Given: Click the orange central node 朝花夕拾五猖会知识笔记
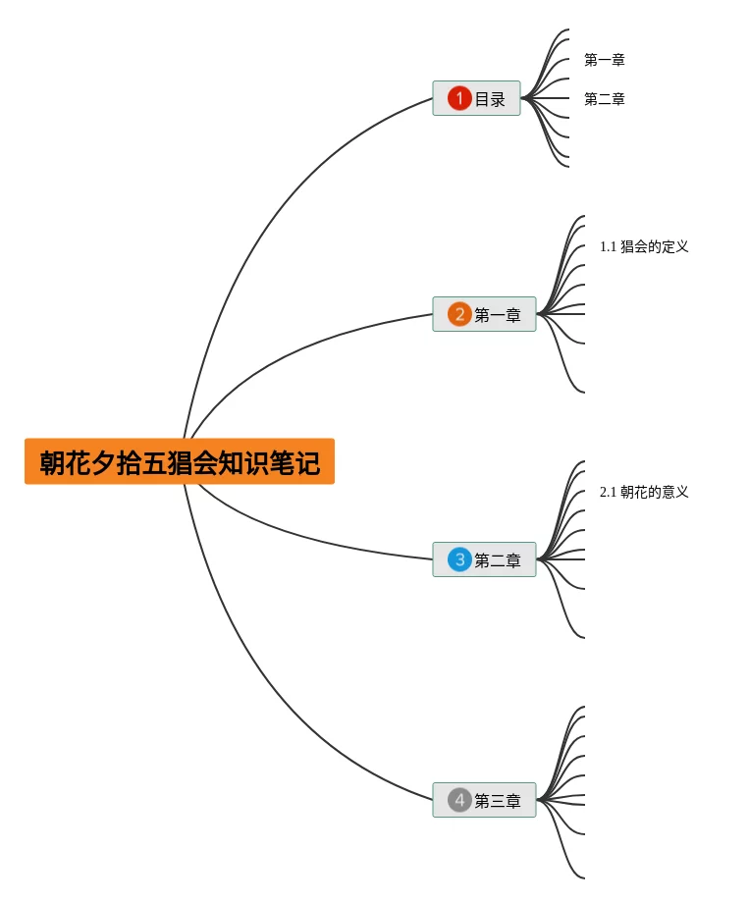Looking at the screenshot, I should point(180,461).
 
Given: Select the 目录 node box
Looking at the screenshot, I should point(476,98).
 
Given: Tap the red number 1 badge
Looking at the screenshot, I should point(459,98).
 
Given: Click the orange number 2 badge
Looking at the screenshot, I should point(459,314).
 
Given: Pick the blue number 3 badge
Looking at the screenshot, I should point(459,559).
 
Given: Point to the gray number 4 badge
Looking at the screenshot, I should point(459,800).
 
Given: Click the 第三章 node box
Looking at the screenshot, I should point(484,800).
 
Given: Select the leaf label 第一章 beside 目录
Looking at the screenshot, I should point(604,60).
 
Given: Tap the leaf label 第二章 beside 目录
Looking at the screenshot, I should point(604,99).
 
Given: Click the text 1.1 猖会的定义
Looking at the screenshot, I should point(644,246).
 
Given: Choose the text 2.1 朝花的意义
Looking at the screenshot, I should point(644,492).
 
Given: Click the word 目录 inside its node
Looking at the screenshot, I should point(490,99).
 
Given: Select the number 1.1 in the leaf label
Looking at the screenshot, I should point(608,246).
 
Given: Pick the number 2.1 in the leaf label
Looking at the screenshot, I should point(608,492).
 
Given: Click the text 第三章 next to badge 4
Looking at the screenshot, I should point(498,801).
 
